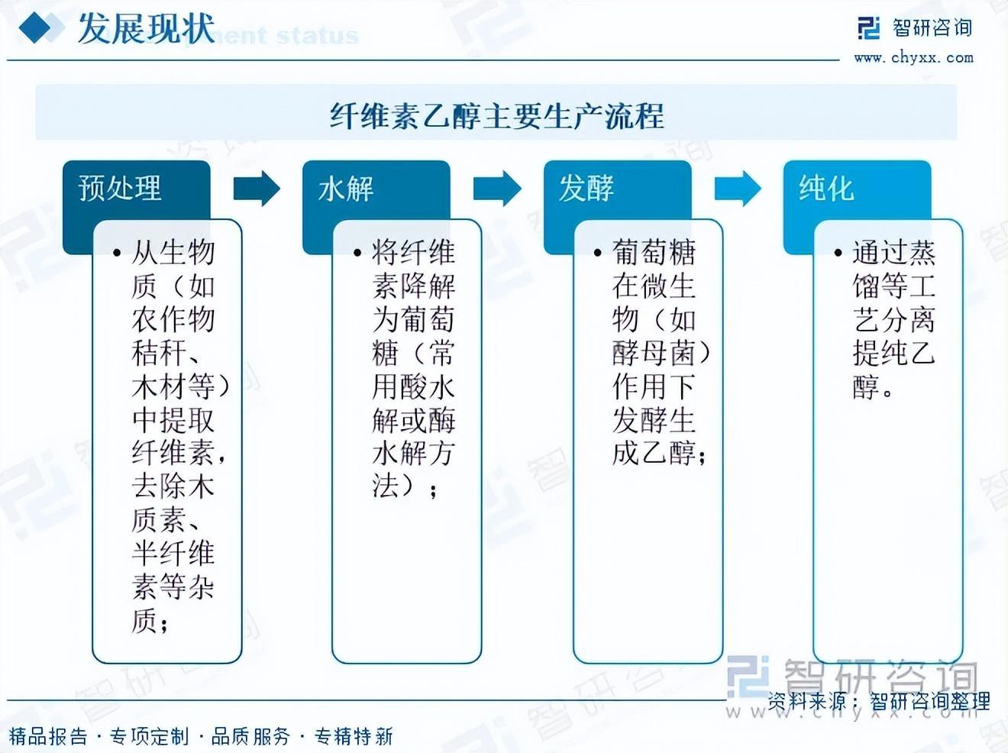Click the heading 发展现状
145,29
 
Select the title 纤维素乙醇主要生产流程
496,116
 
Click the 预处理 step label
120,188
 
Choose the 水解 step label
345,188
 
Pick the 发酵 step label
586,188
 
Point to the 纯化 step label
825,188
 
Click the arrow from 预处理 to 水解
257,188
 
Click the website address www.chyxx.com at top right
913,57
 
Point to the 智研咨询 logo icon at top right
869,28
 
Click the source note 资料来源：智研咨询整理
878,700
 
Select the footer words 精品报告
48,736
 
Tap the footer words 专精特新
354,736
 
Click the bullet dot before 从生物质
116,253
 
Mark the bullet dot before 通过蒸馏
838,253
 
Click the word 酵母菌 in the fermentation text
654,353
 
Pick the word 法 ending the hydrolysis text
386,486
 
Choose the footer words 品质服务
251,736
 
